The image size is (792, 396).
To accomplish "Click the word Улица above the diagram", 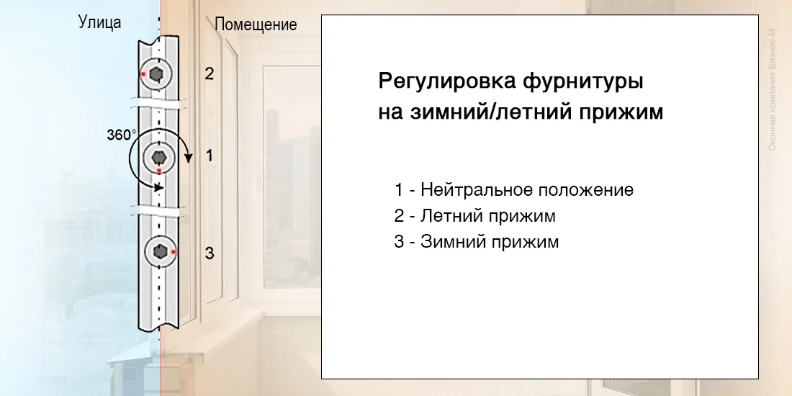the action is point(99,23).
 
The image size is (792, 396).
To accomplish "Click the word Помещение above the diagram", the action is point(256,24).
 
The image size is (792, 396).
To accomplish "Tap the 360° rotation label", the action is point(121,135).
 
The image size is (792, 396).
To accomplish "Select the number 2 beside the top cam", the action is point(209,73).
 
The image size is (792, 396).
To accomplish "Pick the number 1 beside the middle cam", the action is point(210,156).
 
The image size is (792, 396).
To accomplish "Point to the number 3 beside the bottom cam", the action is point(209,253).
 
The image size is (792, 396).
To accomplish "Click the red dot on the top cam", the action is point(144,74).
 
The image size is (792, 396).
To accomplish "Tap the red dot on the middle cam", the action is point(159,171).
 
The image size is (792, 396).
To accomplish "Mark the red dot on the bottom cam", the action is point(174,251).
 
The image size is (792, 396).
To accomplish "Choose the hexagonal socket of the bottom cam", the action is point(160,251).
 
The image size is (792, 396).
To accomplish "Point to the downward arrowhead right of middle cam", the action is point(189,158).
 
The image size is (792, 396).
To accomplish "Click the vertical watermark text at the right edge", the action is point(772,89).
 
